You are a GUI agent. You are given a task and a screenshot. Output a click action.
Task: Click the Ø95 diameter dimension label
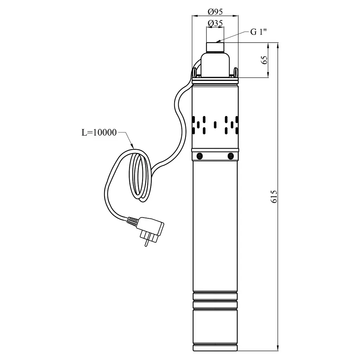(215, 12)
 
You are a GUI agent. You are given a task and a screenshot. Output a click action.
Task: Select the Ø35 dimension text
(215, 23)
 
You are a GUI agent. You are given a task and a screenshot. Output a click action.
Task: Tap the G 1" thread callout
(258, 32)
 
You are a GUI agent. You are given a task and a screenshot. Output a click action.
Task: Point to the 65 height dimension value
(264, 60)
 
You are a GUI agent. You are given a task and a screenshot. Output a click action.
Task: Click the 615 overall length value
(274, 197)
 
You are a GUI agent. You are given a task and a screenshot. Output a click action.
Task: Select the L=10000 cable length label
(99, 133)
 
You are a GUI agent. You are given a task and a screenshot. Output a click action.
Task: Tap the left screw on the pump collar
(200, 156)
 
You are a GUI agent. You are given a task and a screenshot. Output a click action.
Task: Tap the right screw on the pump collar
(231, 156)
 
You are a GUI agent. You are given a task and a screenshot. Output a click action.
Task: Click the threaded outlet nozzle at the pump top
(215, 47)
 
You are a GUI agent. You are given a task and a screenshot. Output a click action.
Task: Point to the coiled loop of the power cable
(138, 177)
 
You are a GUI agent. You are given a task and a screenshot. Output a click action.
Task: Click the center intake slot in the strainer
(215, 125)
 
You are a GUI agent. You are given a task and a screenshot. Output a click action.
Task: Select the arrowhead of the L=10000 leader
(132, 146)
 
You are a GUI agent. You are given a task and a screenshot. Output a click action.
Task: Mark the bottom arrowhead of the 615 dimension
(278, 348)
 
